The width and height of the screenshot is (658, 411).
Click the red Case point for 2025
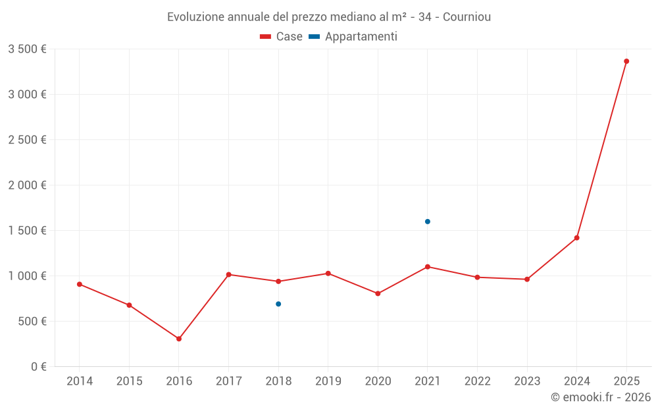point(626,61)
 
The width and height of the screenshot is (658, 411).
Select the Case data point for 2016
point(179,339)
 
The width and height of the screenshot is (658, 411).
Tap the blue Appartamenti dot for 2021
point(428,222)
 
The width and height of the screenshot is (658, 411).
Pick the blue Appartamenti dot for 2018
point(278,304)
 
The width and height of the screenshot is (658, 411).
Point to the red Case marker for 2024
point(577,237)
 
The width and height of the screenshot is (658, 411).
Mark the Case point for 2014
point(80,284)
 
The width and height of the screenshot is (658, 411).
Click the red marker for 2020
point(378,293)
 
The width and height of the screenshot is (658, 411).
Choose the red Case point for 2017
point(228,274)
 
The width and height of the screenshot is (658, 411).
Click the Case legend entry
point(282,37)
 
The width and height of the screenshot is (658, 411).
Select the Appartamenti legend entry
point(353,37)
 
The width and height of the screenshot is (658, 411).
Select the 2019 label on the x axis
point(328,381)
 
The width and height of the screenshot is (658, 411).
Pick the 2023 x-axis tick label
point(527,381)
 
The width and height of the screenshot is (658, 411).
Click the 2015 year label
point(129,381)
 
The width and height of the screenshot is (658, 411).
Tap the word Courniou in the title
point(467,16)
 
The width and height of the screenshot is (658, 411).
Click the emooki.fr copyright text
point(601,397)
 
